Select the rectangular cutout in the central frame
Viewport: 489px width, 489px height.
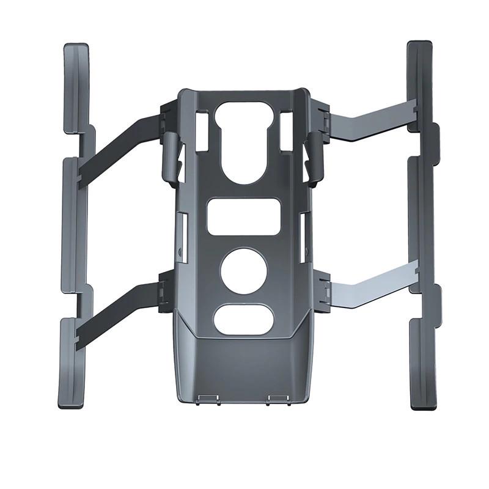[x=244, y=216]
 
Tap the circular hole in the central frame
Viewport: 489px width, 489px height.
[x=244, y=269]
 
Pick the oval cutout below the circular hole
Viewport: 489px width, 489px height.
[x=244, y=318]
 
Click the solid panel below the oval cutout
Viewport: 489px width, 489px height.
[x=244, y=367]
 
